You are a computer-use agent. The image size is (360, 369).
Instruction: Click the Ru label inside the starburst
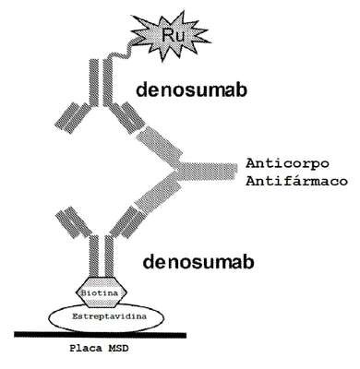(173, 35)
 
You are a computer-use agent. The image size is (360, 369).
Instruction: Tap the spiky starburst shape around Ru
(172, 35)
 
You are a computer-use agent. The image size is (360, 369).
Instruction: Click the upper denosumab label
(191, 90)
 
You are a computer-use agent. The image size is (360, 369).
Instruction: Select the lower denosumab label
(198, 262)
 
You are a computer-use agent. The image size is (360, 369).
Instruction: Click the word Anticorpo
(287, 163)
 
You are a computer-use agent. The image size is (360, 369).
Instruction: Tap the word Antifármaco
(296, 181)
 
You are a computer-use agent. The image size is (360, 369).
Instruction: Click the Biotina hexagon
(101, 292)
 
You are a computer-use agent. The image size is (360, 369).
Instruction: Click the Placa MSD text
(99, 349)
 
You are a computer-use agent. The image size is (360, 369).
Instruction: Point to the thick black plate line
(101, 335)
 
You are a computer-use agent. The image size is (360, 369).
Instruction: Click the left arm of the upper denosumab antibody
(72, 117)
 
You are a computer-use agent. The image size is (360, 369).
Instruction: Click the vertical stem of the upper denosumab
(101, 82)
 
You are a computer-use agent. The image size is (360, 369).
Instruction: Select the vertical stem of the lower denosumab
(102, 256)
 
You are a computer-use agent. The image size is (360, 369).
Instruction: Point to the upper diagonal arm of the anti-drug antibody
(160, 144)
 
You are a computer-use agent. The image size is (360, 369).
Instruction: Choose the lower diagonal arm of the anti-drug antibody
(158, 194)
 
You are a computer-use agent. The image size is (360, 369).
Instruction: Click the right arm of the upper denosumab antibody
(127, 117)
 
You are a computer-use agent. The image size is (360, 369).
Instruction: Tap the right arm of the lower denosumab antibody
(127, 222)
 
